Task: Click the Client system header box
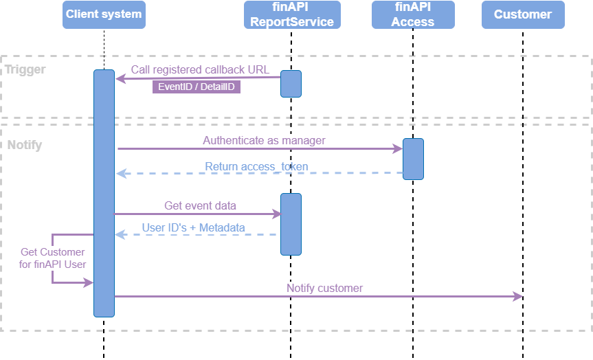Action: tap(104, 14)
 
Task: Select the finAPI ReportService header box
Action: tap(292, 14)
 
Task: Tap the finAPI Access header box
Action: tap(413, 14)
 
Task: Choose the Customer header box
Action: tap(523, 14)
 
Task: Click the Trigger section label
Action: tap(25, 69)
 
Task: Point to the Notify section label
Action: tap(25, 146)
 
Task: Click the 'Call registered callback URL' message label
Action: tap(201, 70)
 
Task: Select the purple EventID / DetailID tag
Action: tap(197, 87)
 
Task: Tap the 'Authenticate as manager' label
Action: tap(264, 140)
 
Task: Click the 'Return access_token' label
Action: tap(256, 166)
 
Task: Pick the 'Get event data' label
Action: tap(200, 205)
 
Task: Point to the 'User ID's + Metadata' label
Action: tap(193, 227)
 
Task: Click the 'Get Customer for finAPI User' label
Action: tap(53, 258)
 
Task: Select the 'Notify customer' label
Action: tap(324, 289)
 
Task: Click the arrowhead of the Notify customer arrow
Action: tap(518, 296)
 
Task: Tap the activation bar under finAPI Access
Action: tap(413, 159)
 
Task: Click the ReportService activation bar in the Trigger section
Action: tap(291, 84)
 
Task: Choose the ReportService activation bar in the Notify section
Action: tap(291, 224)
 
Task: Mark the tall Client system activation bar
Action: tap(104, 193)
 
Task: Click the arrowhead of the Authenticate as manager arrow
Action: tap(398, 148)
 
